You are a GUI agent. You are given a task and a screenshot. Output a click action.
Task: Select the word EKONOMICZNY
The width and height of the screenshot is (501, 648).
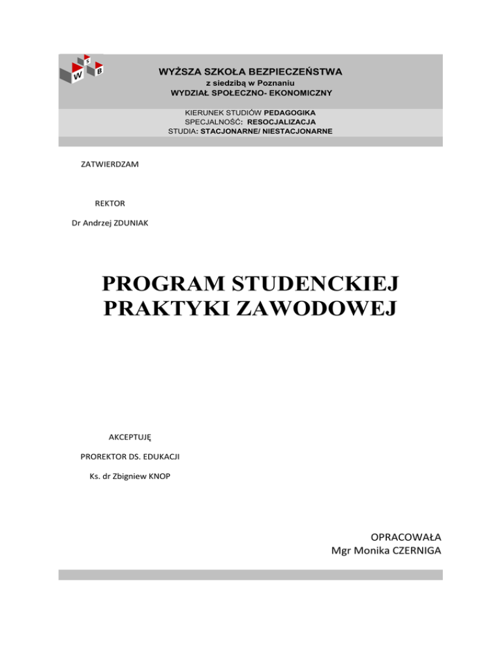coord(296,93)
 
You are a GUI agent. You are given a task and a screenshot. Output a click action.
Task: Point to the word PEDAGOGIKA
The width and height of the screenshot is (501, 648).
coord(290,113)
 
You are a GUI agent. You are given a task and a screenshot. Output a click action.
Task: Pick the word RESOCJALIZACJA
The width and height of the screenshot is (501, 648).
coord(286,122)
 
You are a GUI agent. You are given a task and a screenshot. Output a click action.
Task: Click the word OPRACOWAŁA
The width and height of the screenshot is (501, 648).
coord(406,538)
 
